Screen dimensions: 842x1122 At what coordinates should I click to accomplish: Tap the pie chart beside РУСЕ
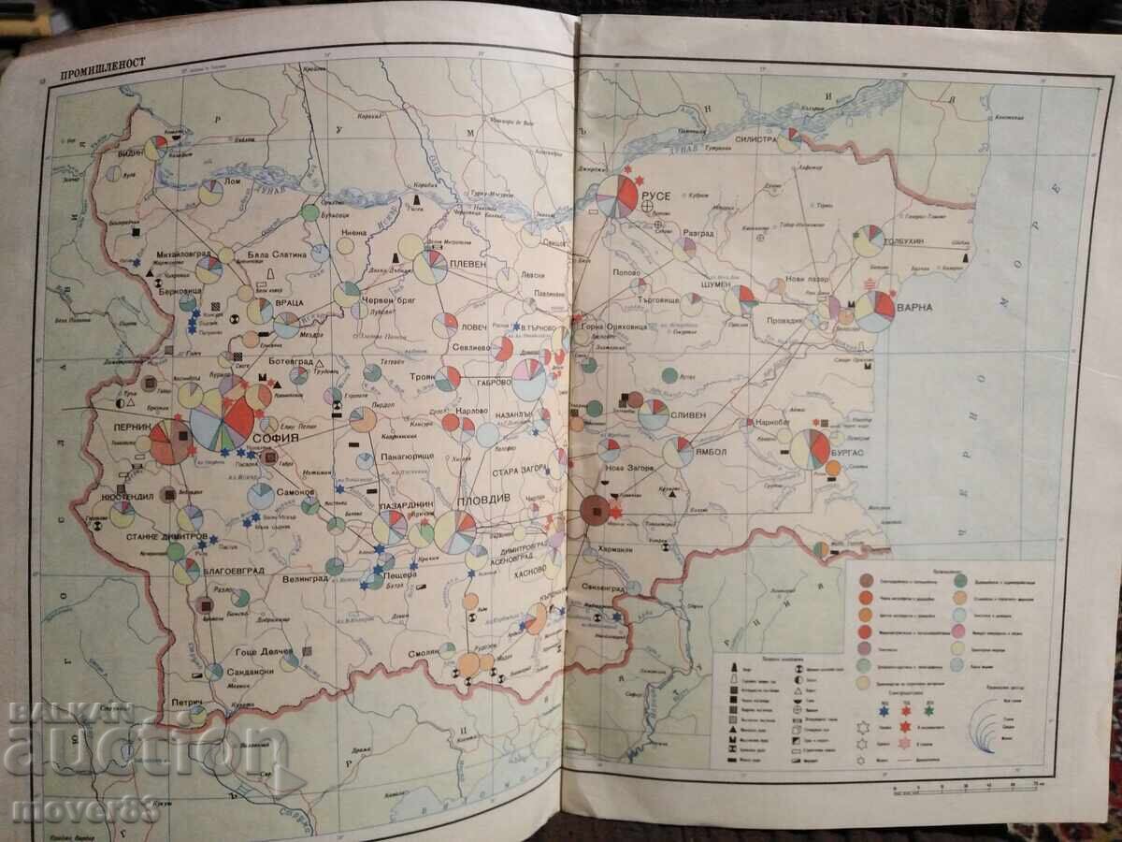(x=617, y=196)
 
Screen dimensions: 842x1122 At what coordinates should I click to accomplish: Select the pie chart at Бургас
(x=810, y=449)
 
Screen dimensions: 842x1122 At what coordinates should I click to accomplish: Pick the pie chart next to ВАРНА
(x=875, y=311)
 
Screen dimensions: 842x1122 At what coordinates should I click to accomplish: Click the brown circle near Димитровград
(x=595, y=510)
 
